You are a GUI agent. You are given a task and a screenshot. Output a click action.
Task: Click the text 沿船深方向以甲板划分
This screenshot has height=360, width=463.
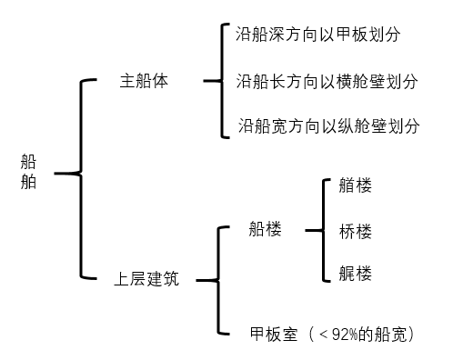point(318,35)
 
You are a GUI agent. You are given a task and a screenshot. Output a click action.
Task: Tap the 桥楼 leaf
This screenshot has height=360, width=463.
point(355,230)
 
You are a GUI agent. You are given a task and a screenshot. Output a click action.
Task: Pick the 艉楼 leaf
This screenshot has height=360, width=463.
point(355,273)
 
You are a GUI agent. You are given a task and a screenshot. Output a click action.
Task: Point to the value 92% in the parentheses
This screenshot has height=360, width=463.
point(347,334)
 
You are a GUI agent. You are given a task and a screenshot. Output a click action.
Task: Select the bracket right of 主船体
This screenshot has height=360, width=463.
point(218,81)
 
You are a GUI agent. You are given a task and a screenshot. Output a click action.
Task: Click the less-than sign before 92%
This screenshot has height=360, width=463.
point(323,334)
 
